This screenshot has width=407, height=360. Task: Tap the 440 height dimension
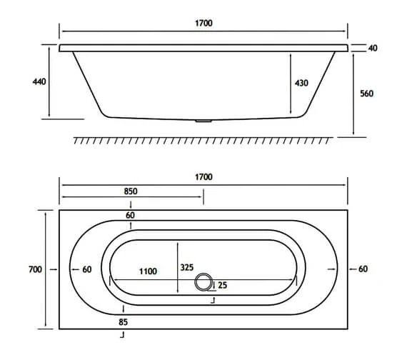[x=39, y=82]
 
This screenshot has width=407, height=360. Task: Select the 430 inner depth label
[x=301, y=84]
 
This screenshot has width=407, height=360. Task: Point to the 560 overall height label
[x=367, y=94]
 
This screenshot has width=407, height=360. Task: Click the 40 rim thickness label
[x=373, y=48]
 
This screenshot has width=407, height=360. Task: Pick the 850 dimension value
[x=130, y=191]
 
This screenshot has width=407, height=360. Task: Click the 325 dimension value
[x=187, y=268]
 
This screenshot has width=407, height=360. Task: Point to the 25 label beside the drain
[x=223, y=286]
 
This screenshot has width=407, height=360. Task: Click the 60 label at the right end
[x=363, y=269]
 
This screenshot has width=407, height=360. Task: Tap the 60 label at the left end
[x=87, y=269]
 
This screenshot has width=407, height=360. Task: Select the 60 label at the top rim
[x=130, y=215]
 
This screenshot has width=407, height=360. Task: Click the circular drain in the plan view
[x=206, y=283]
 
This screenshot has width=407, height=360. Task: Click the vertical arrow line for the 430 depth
[x=290, y=84]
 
